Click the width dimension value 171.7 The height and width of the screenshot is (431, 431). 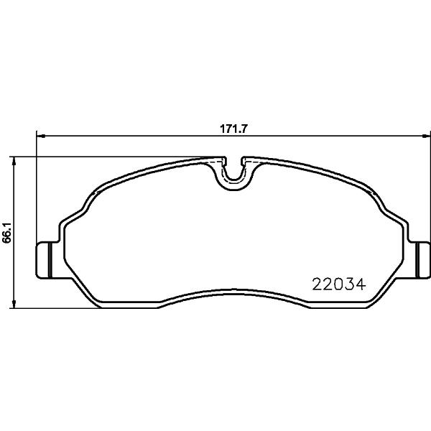tap(234, 129)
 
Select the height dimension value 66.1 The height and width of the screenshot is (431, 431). tap(6, 233)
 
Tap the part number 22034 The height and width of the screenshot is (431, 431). tap(339, 284)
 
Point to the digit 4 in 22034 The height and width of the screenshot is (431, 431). tap(361, 284)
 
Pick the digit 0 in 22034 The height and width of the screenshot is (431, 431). tap(338, 284)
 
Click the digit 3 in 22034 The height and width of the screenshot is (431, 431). tap(349, 284)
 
